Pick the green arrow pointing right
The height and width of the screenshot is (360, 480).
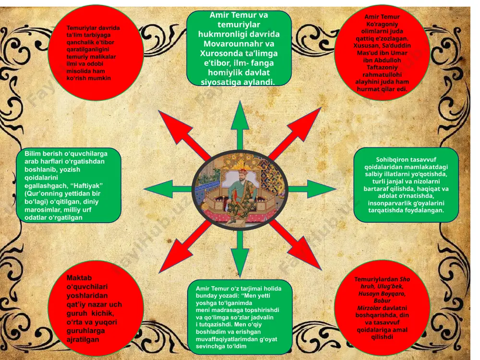pyautogui.click(x=312, y=189)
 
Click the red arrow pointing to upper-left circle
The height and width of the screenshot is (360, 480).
pyautogui.click(x=184, y=135)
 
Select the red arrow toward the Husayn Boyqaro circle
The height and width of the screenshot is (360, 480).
pyautogui.click(x=295, y=245)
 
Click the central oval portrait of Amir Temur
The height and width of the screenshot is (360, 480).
pyautogui.click(x=240, y=190)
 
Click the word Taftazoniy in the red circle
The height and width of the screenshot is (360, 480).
pyautogui.click(x=382, y=67)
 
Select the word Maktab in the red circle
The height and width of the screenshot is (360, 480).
pyautogui.click(x=79, y=277)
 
